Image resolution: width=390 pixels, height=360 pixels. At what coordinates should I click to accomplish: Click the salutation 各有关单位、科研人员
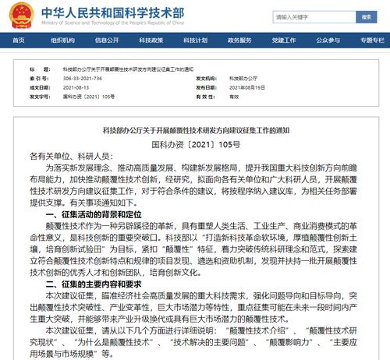pyautogui.click(x=67, y=157)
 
